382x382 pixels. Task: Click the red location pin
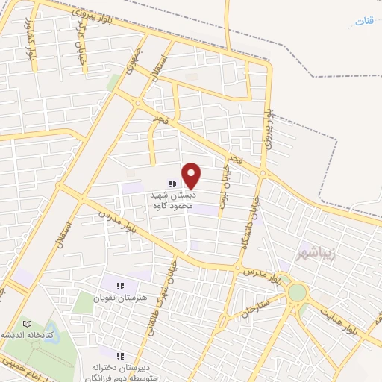(x=192, y=175)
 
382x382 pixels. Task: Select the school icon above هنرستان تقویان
(x=120, y=284)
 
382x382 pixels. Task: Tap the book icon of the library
(x=28, y=324)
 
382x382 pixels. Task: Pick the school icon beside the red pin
(x=173, y=184)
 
